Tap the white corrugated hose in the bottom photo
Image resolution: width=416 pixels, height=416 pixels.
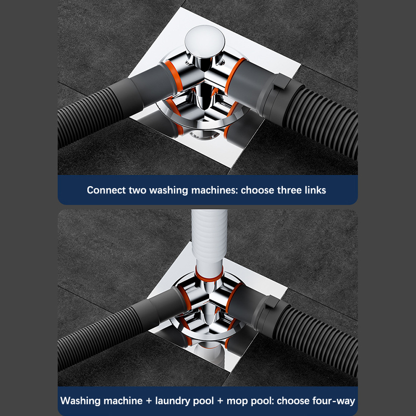click(210, 239)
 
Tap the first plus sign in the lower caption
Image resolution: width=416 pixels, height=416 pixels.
click(149, 401)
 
